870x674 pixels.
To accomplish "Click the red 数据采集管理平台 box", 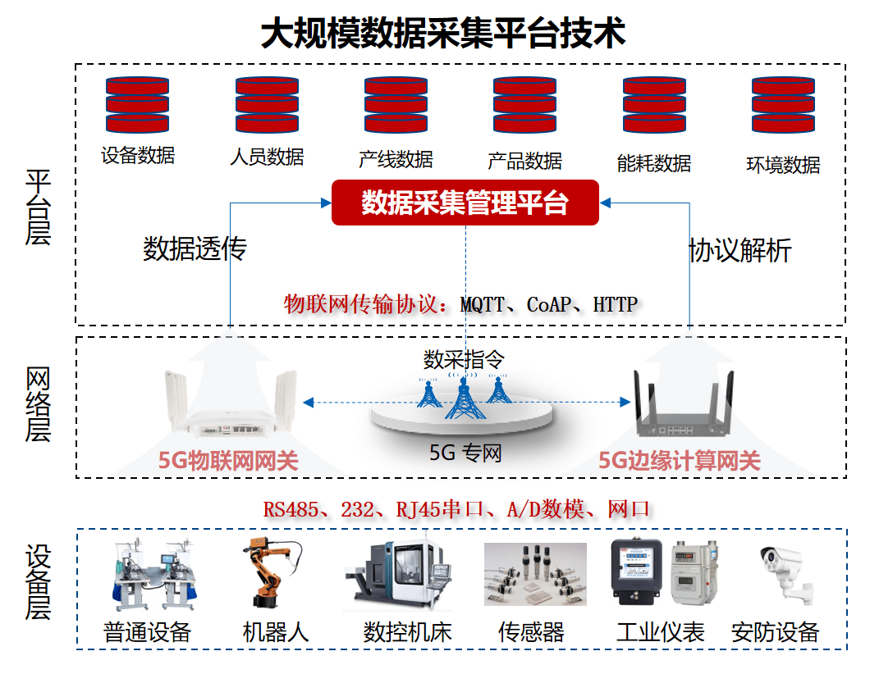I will [x=465, y=203].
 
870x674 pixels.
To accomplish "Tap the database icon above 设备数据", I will [x=137, y=105].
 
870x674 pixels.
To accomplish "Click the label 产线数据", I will [x=396, y=159].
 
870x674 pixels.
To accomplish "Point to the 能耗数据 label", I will [x=654, y=162].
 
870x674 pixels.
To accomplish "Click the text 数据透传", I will [x=195, y=249].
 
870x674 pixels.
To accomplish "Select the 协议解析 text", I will [x=740, y=250].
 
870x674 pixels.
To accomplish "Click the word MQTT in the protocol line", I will [x=482, y=304].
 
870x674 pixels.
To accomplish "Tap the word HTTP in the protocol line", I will [x=615, y=304].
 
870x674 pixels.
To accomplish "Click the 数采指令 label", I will [x=464, y=358].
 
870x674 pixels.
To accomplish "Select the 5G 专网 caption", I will [x=465, y=453].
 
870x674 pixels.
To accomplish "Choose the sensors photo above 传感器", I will [x=535, y=574].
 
